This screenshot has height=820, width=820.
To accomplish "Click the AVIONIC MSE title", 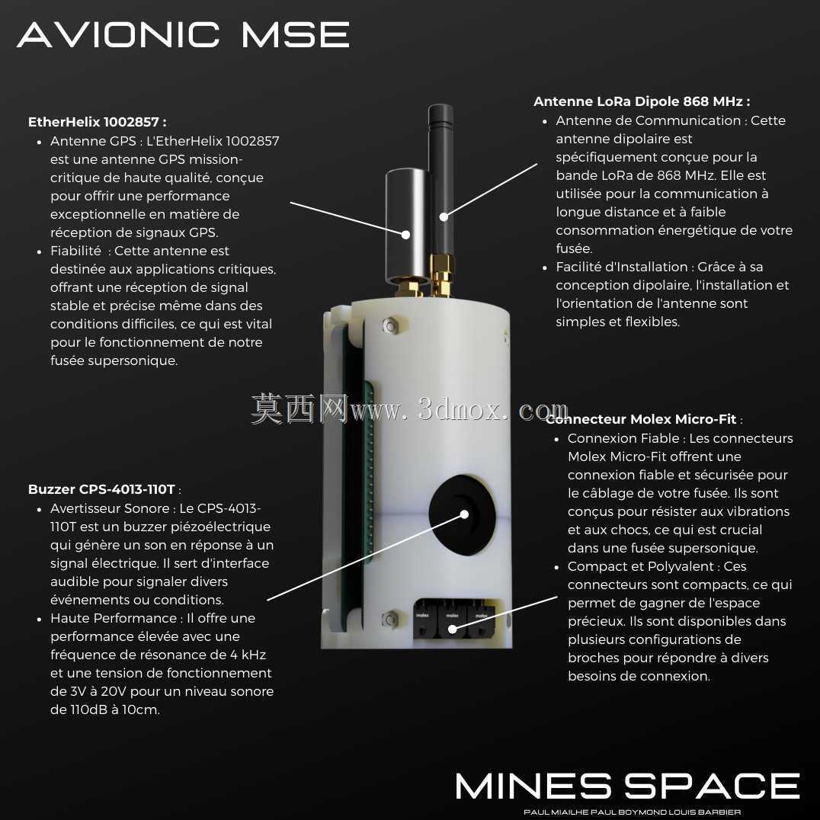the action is (183, 34).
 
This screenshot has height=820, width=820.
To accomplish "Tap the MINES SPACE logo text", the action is (627, 786).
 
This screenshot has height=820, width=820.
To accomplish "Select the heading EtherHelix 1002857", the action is (98, 122).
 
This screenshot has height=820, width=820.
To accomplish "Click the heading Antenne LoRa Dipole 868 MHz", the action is (642, 101).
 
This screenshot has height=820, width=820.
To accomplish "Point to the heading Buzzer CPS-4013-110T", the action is (101, 489).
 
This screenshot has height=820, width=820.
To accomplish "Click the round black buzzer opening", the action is (462, 514).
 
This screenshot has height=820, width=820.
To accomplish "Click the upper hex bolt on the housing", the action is (390, 325).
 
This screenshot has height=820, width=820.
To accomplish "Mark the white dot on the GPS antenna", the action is (406, 235).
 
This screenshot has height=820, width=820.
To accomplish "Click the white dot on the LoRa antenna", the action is (444, 216).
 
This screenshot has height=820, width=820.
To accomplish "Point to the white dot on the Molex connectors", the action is (453, 629).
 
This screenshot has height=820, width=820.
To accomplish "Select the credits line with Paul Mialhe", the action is (633, 812).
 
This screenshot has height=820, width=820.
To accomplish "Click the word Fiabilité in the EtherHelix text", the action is (75, 251).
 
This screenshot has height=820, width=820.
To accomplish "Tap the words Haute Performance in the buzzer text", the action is (114, 618).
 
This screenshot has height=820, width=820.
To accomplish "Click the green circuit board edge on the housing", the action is (369, 471).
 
